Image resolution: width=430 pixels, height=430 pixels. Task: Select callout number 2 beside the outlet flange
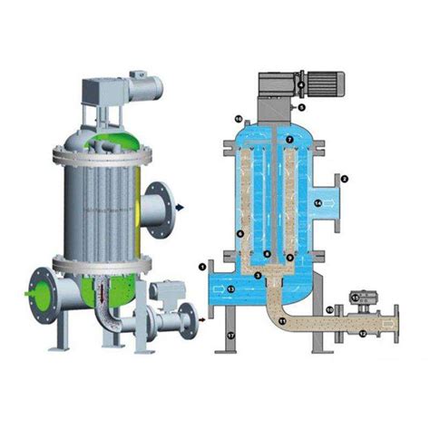(x=345, y=179)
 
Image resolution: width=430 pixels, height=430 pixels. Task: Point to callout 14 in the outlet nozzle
(x=318, y=203)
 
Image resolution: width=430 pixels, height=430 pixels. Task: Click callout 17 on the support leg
(x=231, y=337)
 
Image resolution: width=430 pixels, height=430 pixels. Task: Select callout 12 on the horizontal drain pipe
(x=363, y=334)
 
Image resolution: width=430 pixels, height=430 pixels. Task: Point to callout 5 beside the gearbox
(x=302, y=107)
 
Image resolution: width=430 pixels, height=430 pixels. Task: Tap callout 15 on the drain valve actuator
(x=354, y=297)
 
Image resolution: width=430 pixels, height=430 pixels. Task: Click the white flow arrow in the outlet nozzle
(x=335, y=203)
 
